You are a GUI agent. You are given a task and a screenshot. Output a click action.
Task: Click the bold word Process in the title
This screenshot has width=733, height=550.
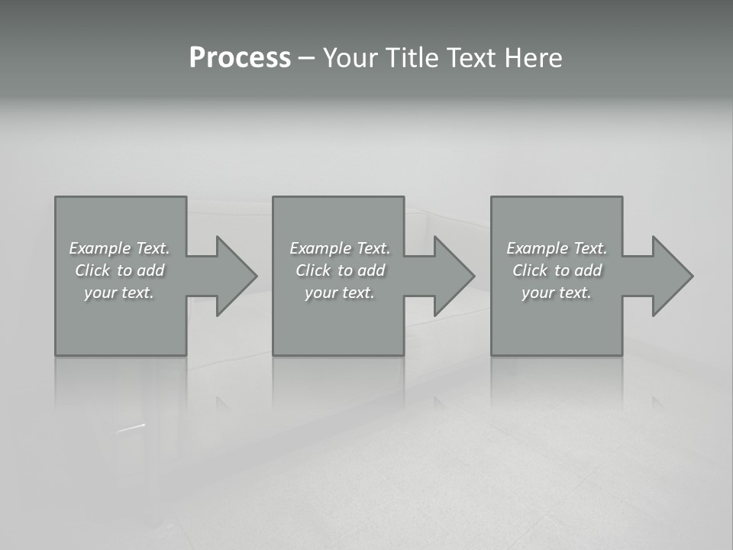[x=240, y=58]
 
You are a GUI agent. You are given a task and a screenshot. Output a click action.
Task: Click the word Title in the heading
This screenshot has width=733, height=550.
[x=412, y=58]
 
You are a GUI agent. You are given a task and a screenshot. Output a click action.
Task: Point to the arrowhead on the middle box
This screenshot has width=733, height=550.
[x=453, y=276]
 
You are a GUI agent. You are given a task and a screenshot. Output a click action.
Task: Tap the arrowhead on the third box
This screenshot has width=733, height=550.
[x=671, y=276]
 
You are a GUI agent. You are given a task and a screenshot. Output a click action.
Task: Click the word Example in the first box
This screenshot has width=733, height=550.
[x=100, y=248]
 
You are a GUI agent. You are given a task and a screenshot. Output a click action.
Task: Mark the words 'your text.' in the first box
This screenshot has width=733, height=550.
[x=119, y=293]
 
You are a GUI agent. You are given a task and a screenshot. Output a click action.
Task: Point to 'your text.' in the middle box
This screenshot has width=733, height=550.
[x=340, y=293]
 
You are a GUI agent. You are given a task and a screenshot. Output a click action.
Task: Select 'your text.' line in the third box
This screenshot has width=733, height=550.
[x=557, y=293]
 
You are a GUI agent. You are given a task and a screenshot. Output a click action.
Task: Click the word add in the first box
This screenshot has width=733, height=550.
[x=151, y=270]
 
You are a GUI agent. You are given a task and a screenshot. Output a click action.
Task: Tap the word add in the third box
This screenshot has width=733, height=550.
[x=589, y=270]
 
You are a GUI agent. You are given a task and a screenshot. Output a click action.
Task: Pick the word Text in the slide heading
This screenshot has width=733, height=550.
[x=470, y=58]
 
